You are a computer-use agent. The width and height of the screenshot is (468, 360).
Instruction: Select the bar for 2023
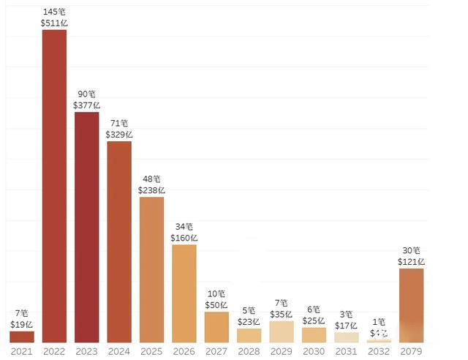[86, 227]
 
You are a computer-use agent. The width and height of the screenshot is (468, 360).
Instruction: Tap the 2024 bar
[119, 241]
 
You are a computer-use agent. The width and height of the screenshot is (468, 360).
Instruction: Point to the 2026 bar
[184, 293]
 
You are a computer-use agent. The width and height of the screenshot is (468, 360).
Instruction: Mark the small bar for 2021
[22, 337]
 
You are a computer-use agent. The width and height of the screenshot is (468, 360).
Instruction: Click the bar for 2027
[216, 327]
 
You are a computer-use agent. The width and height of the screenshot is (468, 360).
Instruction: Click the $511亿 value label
[54, 23]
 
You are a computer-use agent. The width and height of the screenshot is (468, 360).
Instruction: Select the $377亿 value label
[86, 105]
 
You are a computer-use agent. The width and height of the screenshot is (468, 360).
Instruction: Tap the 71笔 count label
[119, 123]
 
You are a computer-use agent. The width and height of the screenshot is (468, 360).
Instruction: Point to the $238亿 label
[151, 190]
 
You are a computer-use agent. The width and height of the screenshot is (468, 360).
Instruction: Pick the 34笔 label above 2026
[184, 227]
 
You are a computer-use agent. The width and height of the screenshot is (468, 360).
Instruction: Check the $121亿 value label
[411, 261]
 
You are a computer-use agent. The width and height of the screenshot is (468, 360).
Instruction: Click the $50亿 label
[216, 304]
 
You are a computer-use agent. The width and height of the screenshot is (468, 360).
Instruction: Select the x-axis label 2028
[249, 351]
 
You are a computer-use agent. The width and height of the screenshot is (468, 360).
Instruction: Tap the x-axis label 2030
[314, 351]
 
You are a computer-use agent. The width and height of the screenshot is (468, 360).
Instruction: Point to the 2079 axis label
[411, 351]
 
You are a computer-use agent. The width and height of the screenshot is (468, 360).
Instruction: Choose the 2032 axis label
[379, 351]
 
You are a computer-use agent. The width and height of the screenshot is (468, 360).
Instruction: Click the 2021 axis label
[22, 351]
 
